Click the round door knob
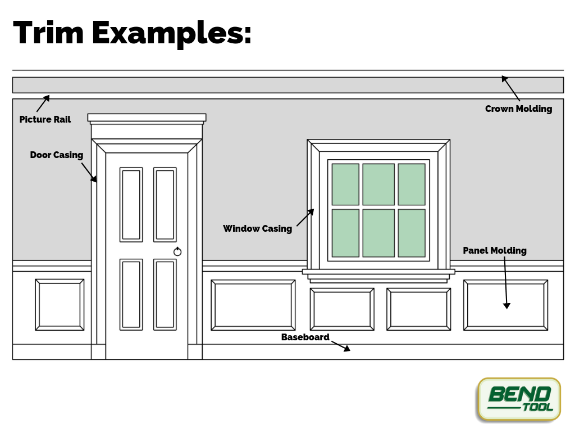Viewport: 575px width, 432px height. tap(177, 251)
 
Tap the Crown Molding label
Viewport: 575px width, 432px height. tap(518, 109)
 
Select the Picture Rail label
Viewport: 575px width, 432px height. tap(45, 120)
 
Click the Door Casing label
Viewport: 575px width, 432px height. tap(56, 155)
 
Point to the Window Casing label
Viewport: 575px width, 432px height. tap(257, 229)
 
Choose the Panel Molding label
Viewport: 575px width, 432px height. tap(494, 251)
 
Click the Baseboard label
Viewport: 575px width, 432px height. tap(305, 337)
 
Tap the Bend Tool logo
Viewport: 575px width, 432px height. tap(519, 399)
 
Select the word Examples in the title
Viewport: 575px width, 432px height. tap(171, 34)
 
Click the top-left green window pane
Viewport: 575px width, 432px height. tap(345, 184)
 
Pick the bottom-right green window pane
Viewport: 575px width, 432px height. tap(412, 233)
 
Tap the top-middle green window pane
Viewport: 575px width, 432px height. tap(378, 184)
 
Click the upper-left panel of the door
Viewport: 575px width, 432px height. tap(131, 205)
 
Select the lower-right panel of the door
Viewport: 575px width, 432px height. tap(165, 294)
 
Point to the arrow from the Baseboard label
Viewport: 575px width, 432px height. tap(341, 345)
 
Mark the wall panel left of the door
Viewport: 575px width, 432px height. tap(60, 304)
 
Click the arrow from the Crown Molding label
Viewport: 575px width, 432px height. tap(511, 88)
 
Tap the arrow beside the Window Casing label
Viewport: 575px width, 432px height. tap(305, 218)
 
